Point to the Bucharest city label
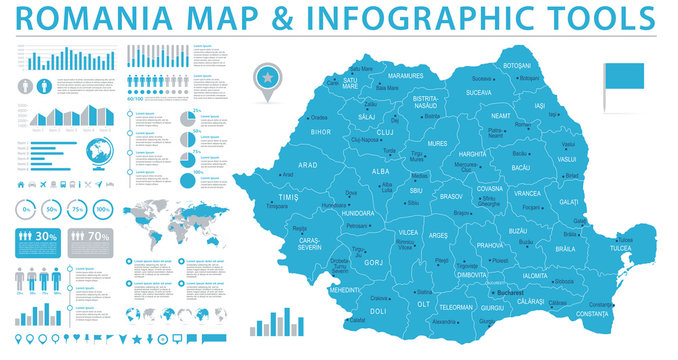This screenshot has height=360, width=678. click(517, 292)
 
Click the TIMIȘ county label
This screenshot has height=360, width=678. click(289, 198)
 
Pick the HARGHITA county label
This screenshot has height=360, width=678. click(471, 154)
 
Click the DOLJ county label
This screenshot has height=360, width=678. click(378, 310)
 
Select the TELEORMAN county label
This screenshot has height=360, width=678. click(457, 308)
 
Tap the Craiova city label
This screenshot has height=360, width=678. click(380, 297)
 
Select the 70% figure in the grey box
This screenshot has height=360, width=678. click(98, 237)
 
